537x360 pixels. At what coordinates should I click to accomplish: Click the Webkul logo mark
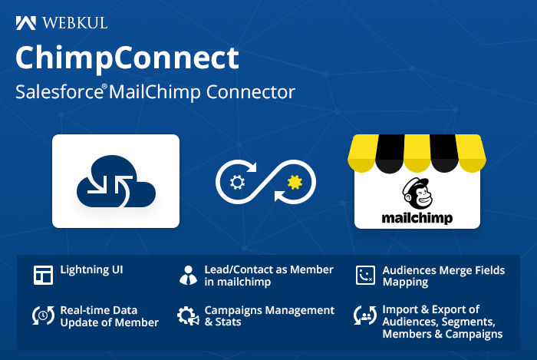[25, 23]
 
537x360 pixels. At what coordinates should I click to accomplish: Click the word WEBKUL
[75, 23]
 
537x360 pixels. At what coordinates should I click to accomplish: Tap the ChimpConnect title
[127, 58]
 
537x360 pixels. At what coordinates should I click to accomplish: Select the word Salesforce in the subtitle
[59, 92]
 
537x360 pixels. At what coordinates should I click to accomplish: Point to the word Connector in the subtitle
[250, 92]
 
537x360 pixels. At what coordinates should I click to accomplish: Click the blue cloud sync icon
[116, 181]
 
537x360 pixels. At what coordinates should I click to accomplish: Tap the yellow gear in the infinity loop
[295, 182]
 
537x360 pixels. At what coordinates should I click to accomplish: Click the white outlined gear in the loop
[237, 182]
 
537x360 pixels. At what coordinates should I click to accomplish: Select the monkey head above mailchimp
[417, 193]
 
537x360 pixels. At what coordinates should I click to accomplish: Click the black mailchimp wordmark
[417, 218]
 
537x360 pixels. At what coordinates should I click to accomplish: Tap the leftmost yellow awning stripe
[363, 153]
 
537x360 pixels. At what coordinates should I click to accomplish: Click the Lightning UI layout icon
[43, 275]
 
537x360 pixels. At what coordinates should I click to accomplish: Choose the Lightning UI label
[91, 269]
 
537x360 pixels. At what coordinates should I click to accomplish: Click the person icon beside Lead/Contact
[188, 275]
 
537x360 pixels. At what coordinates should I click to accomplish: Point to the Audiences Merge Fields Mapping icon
[365, 275]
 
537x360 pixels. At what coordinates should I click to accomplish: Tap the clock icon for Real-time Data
[43, 315]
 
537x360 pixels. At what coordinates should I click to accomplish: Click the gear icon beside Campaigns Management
[188, 315]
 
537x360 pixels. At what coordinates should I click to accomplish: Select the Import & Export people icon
[365, 315]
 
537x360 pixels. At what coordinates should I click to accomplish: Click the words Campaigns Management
[269, 311]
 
